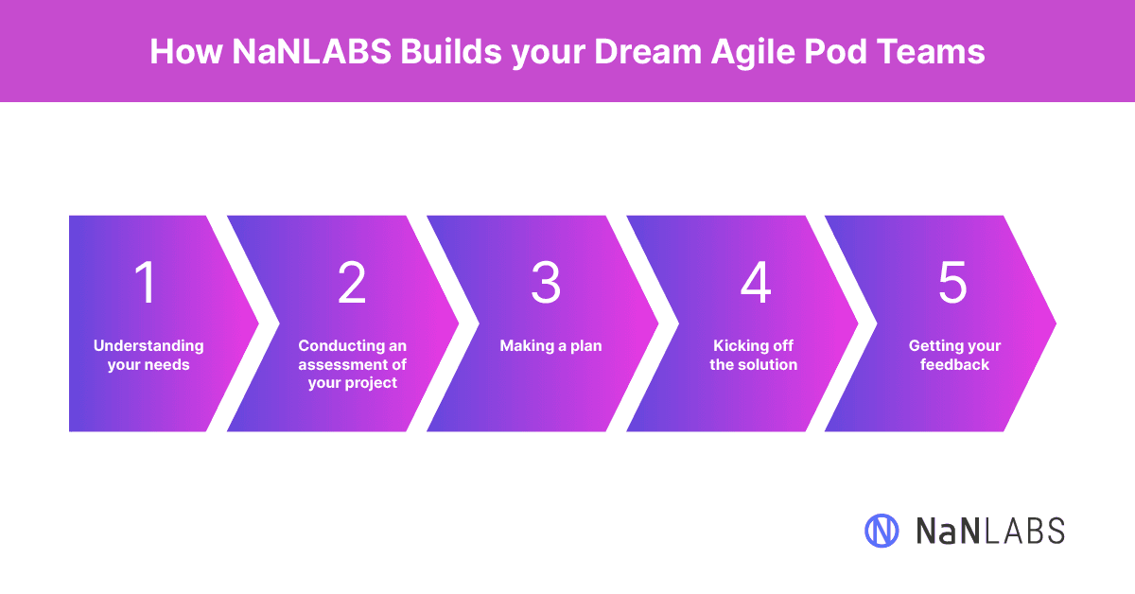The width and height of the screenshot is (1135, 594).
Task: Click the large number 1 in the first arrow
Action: (x=146, y=282)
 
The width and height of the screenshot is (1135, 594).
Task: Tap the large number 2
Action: (x=352, y=282)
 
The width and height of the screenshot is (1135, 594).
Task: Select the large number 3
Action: (x=546, y=282)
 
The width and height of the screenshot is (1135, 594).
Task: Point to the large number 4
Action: (x=756, y=282)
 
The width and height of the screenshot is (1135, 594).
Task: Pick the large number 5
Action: (x=952, y=282)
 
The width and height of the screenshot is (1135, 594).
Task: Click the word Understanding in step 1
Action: (x=148, y=345)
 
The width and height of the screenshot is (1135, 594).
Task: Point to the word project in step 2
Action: (x=371, y=383)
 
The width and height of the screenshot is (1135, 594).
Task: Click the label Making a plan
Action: (x=550, y=345)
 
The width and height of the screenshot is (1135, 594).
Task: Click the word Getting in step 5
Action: (x=934, y=345)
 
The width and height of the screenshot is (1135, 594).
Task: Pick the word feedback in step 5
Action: (x=954, y=364)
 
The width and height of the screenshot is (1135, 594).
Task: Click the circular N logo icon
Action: (x=882, y=531)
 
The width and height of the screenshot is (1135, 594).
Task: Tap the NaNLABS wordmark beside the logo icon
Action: (x=990, y=532)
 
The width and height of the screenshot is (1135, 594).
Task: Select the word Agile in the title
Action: (x=753, y=53)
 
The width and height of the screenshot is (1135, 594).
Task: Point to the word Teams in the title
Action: (x=931, y=52)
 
